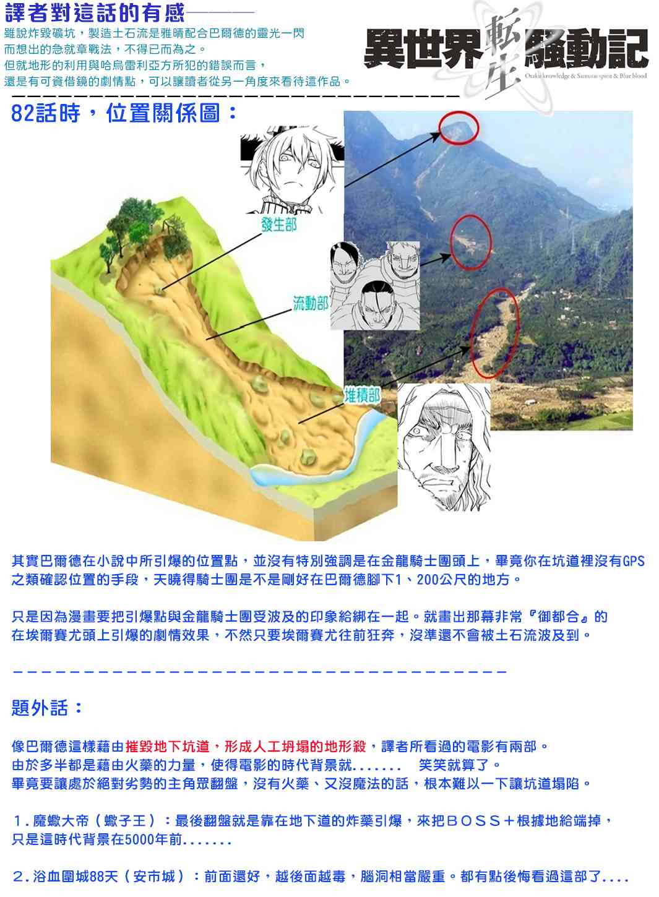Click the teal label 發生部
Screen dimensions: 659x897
tap(279, 225)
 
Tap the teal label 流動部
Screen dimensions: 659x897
tap(311, 304)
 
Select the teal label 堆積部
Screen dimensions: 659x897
tap(362, 396)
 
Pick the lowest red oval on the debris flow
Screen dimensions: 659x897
tap(471, 332)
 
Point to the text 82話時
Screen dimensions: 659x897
tap(45, 113)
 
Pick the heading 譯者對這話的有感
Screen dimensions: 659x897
tap(95, 13)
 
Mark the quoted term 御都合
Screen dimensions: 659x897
tap(558, 617)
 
